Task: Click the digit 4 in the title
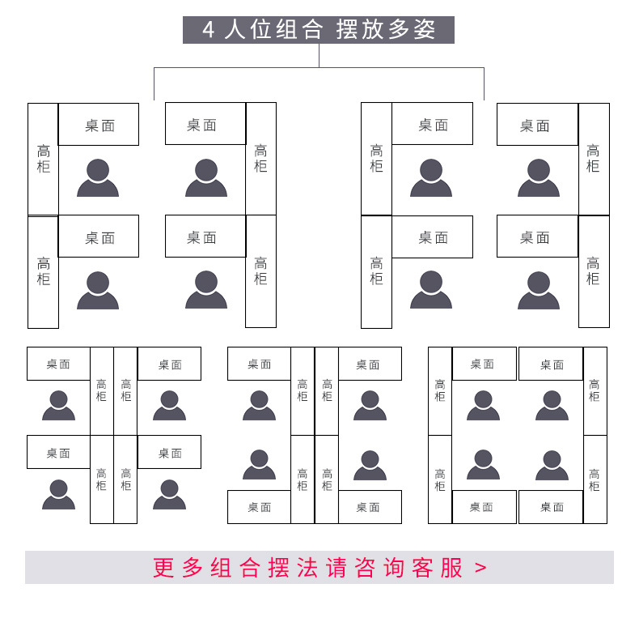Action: (209, 31)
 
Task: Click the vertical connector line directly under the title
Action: (319, 55)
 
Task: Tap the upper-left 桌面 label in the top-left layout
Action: (100, 126)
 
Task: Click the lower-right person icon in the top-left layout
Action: (206, 290)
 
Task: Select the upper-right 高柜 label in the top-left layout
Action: (260, 158)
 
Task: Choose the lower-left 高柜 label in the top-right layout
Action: (376, 271)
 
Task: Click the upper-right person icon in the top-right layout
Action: (539, 178)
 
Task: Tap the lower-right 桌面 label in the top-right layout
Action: (535, 237)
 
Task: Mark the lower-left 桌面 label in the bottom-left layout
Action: (58, 453)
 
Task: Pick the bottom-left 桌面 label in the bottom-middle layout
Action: (259, 507)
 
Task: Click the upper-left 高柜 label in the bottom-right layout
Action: (439, 390)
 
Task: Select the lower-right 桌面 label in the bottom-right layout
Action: (551, 507)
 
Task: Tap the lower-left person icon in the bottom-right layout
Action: (483, 465)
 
